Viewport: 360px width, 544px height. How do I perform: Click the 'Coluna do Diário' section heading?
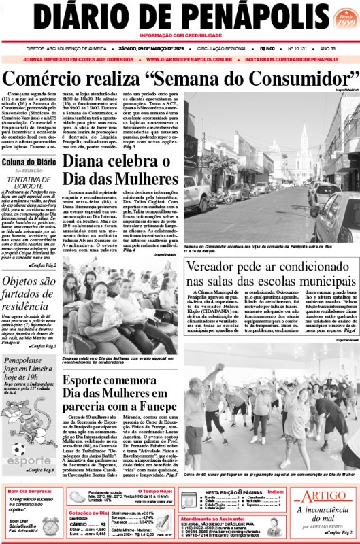(x=29, y=162)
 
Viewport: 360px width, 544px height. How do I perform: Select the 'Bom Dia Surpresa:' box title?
(x=32, y=490)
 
